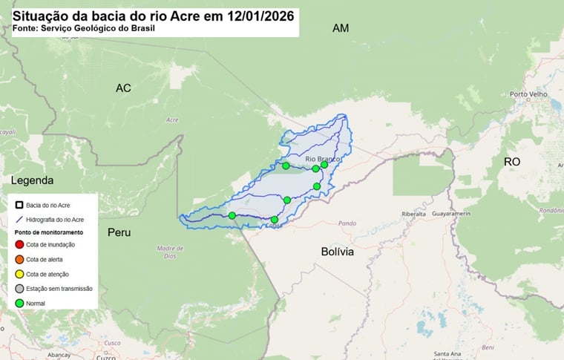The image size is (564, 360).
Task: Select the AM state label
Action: [341, 28]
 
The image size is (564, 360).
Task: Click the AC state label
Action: [123, 88]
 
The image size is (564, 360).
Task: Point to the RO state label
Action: [512, 162]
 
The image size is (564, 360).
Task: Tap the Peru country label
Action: [119, 232]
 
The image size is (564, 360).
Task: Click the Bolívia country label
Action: [338, 252]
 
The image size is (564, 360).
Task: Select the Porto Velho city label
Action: [528, 94]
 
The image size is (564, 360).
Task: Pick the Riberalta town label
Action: [414, 213]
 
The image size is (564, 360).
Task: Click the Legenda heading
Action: [32, 181]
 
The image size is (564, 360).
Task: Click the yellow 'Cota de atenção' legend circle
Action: [19, 274]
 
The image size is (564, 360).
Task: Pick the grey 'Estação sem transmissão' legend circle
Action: [19, 289]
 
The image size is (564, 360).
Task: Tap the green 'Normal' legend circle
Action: [19, 303]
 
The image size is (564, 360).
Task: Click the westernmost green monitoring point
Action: [232, 215]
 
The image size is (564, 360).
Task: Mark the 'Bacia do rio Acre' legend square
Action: [19, 204]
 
